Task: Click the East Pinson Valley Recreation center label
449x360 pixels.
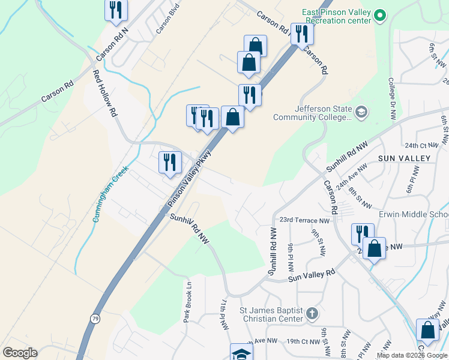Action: [334, 16]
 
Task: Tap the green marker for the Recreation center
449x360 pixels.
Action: [379, 16]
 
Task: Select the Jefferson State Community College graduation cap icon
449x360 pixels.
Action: [361, 112]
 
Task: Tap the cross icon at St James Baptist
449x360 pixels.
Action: [312, 313]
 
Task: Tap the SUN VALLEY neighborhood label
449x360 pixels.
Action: [404, 158]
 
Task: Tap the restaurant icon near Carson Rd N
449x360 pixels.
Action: [116, 10]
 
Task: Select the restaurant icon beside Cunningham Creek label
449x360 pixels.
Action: [170, 162]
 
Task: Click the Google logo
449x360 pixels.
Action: [20, 353]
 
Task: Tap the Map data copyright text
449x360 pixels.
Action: [412, 355]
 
